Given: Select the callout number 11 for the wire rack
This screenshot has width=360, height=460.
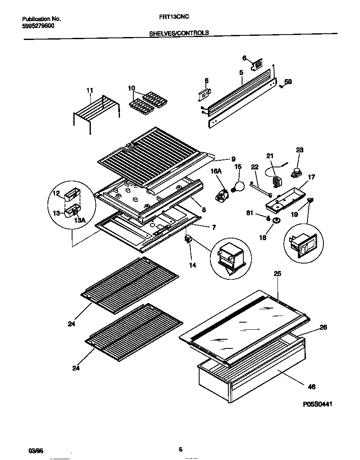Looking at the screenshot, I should [x=90, y=90].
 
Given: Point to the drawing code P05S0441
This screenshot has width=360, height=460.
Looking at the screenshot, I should [x=317, y=404].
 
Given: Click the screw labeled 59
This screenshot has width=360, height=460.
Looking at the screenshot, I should [x=281, y=86].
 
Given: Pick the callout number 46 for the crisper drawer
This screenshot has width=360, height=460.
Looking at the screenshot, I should [x=311, y=387].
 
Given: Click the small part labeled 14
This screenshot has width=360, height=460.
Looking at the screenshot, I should [x=188, y=239].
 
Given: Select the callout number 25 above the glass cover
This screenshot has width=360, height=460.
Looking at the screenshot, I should [x=277, y=274].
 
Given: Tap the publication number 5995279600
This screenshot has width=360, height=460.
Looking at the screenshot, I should [x=38, y=25].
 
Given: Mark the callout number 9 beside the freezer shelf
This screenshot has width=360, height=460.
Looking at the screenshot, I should [x=233, y=159].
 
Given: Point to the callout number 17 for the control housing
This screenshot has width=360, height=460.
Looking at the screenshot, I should [x=311, y=177].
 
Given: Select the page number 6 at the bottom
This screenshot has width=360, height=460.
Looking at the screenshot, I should [x=180, y=449].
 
